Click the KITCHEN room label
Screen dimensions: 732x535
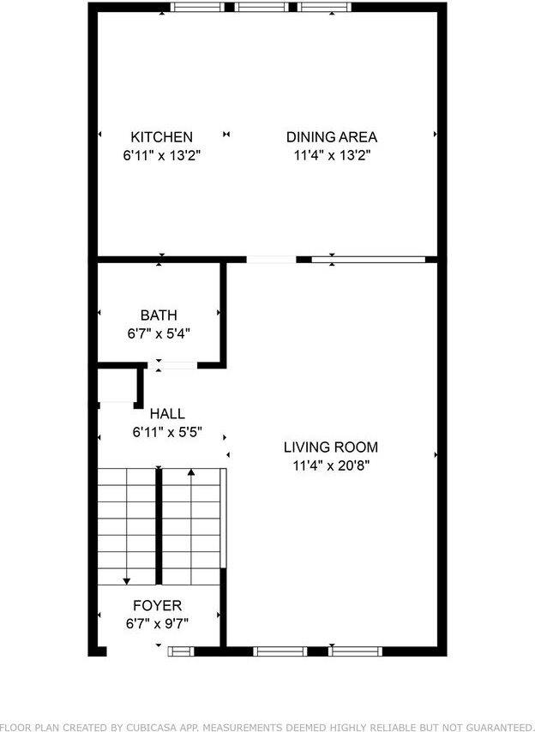161,137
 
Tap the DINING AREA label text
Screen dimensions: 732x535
331,137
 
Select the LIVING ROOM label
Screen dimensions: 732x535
331,447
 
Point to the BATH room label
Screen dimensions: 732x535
159,315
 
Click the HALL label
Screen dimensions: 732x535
166,414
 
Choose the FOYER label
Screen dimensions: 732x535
157,606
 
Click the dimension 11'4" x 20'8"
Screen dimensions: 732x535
331,467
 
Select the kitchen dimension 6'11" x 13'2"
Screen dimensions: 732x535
161,156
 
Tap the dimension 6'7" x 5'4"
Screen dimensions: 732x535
159,333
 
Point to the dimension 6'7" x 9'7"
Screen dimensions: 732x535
157,624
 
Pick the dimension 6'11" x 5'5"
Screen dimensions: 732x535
166,433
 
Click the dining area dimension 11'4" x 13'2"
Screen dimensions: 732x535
331,156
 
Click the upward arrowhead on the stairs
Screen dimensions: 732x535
190,471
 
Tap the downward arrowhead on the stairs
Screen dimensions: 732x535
127,580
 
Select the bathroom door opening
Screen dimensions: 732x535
175,366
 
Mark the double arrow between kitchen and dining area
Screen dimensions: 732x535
226,135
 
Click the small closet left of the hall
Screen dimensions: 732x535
115,387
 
